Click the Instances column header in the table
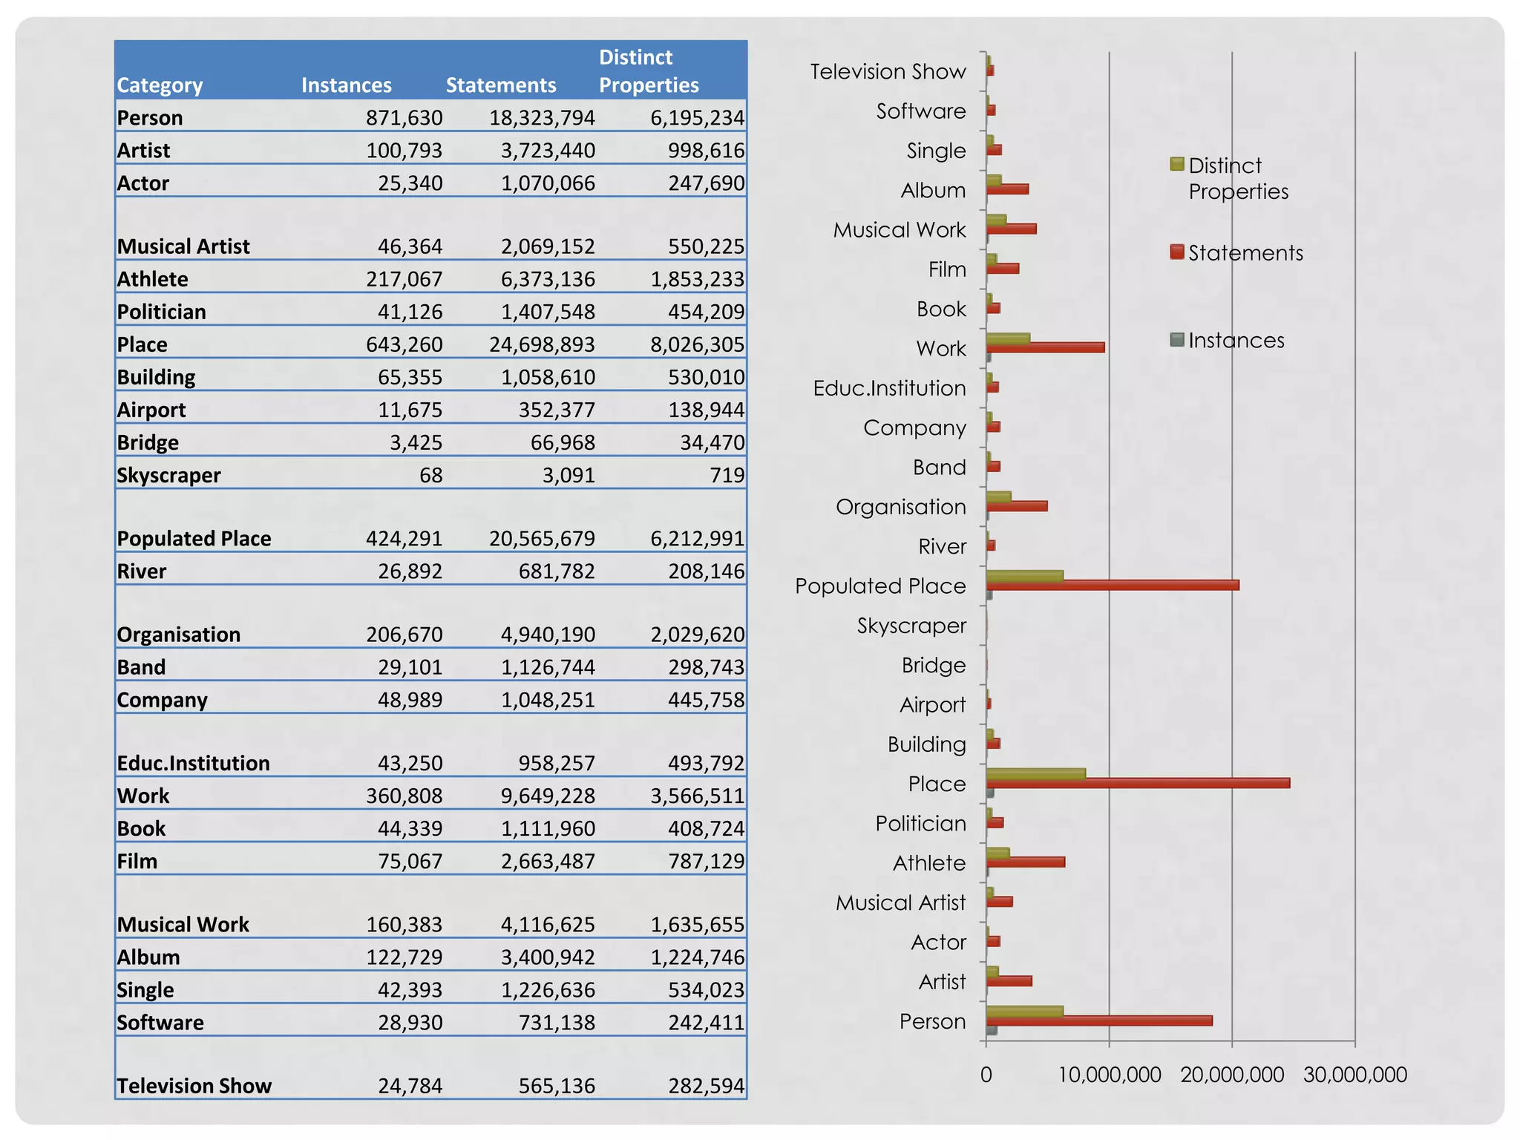pos(346,85)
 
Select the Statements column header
pos(500,85)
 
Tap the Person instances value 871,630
pos(404,118)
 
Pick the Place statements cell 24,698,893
pos(542,344)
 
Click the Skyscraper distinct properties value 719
pos(727,475)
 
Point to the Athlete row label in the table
pos(153,279)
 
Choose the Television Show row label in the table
pos(194,1086)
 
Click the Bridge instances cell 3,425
pos(416,442)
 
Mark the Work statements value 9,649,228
pos(548,796)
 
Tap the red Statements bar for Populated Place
pos(1113,586)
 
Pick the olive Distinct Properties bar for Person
pos(1024,1011)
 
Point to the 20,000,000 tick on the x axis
pos(1232,1075)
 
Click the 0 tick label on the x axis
pos(986,1075)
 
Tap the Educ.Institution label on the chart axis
pos(889,388)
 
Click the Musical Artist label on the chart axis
pos(900,902)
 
